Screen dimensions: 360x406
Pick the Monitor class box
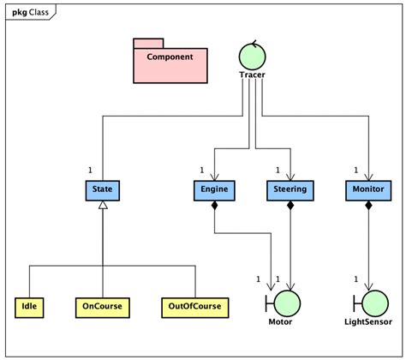click(x=367, y=189)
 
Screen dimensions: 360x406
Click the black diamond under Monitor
click(x=367, y=206)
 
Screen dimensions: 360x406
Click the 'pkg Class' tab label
click(x=27, y=11)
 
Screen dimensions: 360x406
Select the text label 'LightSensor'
click(x=368, y=322)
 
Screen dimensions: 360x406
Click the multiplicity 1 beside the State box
click(x=91, y=170)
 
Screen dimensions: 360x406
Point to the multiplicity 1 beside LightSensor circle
click(x=355, y=279)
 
